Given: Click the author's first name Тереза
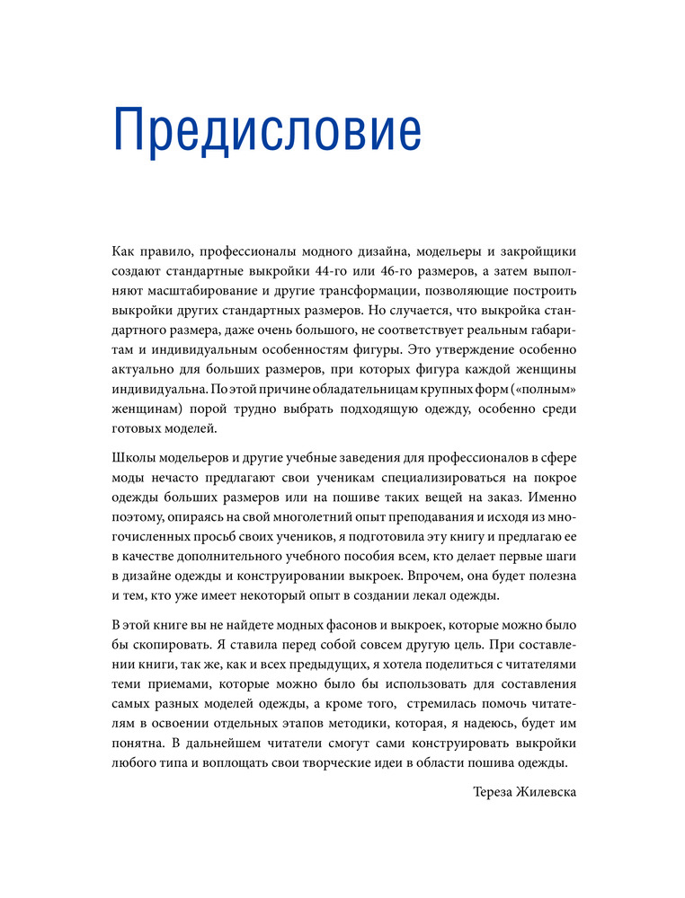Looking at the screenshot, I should (494, 792).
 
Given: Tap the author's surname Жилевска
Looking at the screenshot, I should (547, 792).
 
